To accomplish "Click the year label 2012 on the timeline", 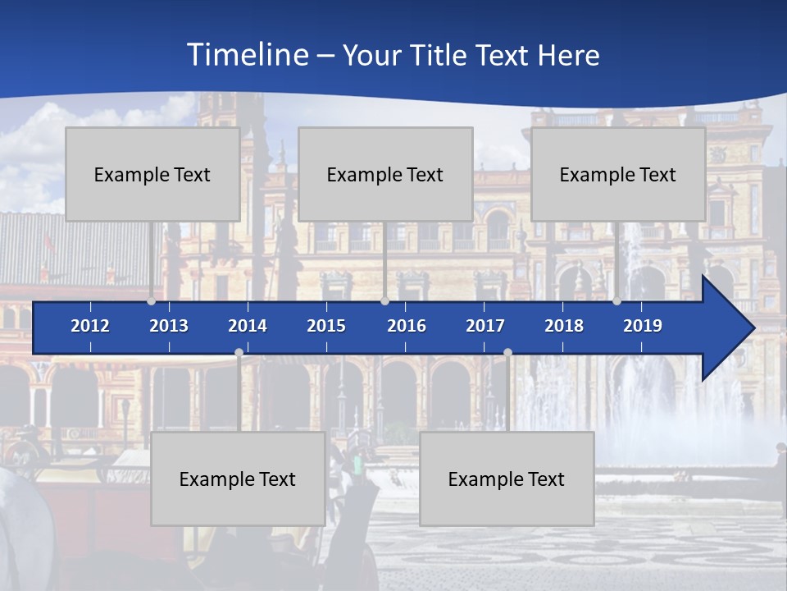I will click(90, 326).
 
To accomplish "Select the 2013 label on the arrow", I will click(169, 326).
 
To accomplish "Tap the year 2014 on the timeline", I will click(248, 326).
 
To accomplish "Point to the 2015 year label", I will click(326, 326).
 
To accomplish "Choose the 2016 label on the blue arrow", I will click(407, 326).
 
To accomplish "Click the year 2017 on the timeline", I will click(485, 326).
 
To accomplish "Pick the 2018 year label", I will click(564, 326).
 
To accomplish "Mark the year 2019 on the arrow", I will click(643, 326).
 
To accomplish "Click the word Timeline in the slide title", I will click(246, 55).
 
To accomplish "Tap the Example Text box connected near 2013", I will click(152, 174).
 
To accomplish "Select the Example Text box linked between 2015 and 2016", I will click(385, 174).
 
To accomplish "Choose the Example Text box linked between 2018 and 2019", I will click(618, 174).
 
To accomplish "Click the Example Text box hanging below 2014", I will click(238, 479).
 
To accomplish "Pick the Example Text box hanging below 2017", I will click(507, 479).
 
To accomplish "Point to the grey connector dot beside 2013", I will click(152, 301).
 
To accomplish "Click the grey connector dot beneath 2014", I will click(239, 353).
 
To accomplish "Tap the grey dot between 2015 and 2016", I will click(384, 301).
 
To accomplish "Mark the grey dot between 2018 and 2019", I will click(616, 301).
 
